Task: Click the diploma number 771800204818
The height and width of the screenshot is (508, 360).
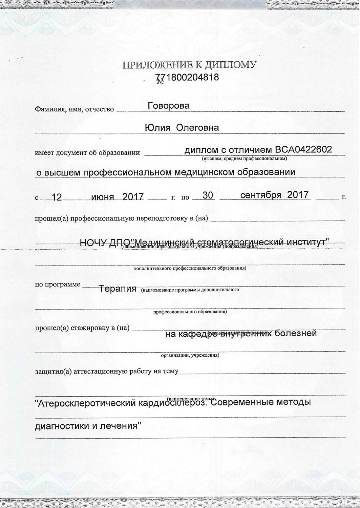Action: click(187, 77)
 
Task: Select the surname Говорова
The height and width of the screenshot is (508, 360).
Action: click(169, 106)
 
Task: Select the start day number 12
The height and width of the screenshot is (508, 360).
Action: click(57, 197)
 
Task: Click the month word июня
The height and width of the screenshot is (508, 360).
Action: click(103, 196)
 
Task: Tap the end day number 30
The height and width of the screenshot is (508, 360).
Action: click(208, 195)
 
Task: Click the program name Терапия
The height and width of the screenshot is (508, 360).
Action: click(118, 289)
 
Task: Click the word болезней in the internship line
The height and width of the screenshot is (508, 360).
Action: click(296, 333)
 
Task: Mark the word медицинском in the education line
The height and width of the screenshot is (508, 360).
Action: click(205, 172)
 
